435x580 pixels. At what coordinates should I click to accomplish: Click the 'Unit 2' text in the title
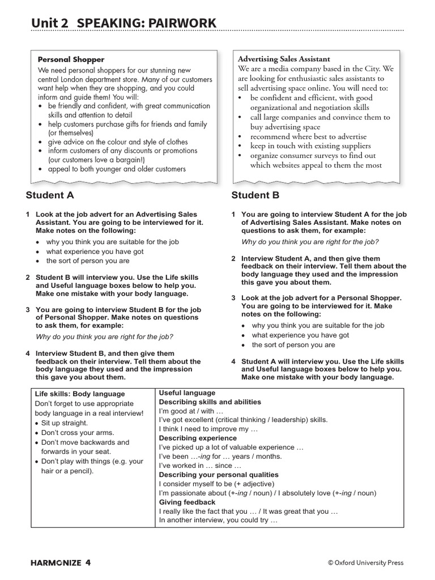click(x=50, y=23)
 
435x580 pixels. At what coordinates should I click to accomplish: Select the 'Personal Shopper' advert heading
click(x=71, y=59)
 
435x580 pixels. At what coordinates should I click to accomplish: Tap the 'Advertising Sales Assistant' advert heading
click(x=284, y=59)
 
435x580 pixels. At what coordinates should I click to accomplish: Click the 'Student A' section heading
click(x=50, y=195)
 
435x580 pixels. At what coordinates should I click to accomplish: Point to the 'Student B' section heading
click(x=255, y=195)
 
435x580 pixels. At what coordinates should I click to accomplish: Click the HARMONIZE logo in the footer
click(x=56, y=562)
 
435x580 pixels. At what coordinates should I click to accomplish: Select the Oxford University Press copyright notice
click(x=365, y=562)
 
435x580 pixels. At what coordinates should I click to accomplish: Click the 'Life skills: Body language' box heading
click(x=80, y=394)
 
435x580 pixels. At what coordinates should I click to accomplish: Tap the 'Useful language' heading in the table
click(x=187, y=393)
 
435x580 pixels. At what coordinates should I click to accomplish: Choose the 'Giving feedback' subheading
click(x=187, y=502)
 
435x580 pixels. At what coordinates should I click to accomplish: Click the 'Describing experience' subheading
click(x=198, y=438)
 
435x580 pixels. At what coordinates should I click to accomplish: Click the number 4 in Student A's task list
click(x=28, y=353)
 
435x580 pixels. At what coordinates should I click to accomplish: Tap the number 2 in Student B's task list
click(x=233, y=258)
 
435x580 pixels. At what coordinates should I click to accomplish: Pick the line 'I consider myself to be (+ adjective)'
click(x=216, y=484)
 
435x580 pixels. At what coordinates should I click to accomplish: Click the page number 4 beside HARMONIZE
click(x=88, y=562)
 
